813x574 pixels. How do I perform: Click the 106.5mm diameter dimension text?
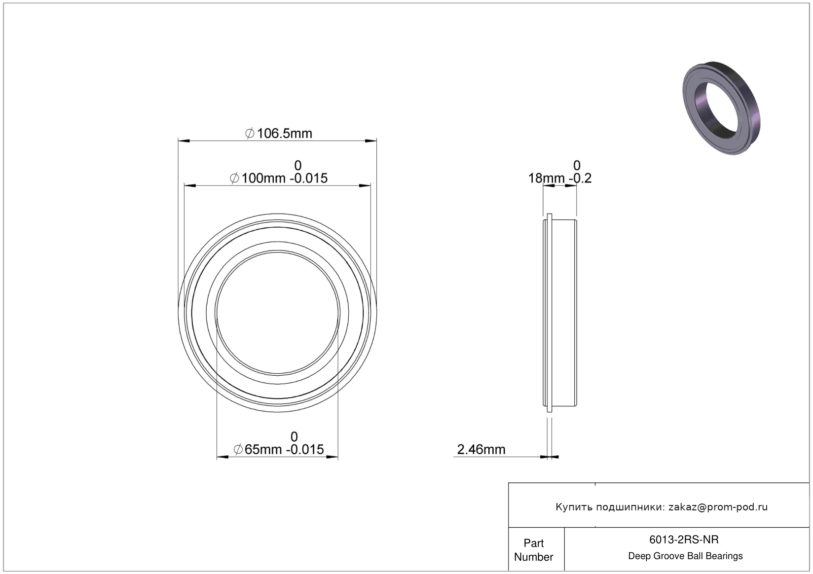click(278, 134)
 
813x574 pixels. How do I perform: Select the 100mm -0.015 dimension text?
click(278, 178)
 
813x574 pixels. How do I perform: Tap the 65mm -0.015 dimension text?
click(278, 449)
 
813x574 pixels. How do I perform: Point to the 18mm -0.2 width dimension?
click(559, 178)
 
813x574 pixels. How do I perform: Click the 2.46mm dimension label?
click(481, 450)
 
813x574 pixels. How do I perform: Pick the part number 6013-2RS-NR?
click(684, 539)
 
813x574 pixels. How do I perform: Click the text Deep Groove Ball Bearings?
click(685, 556)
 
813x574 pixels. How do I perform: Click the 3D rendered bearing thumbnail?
click(721, 108)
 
